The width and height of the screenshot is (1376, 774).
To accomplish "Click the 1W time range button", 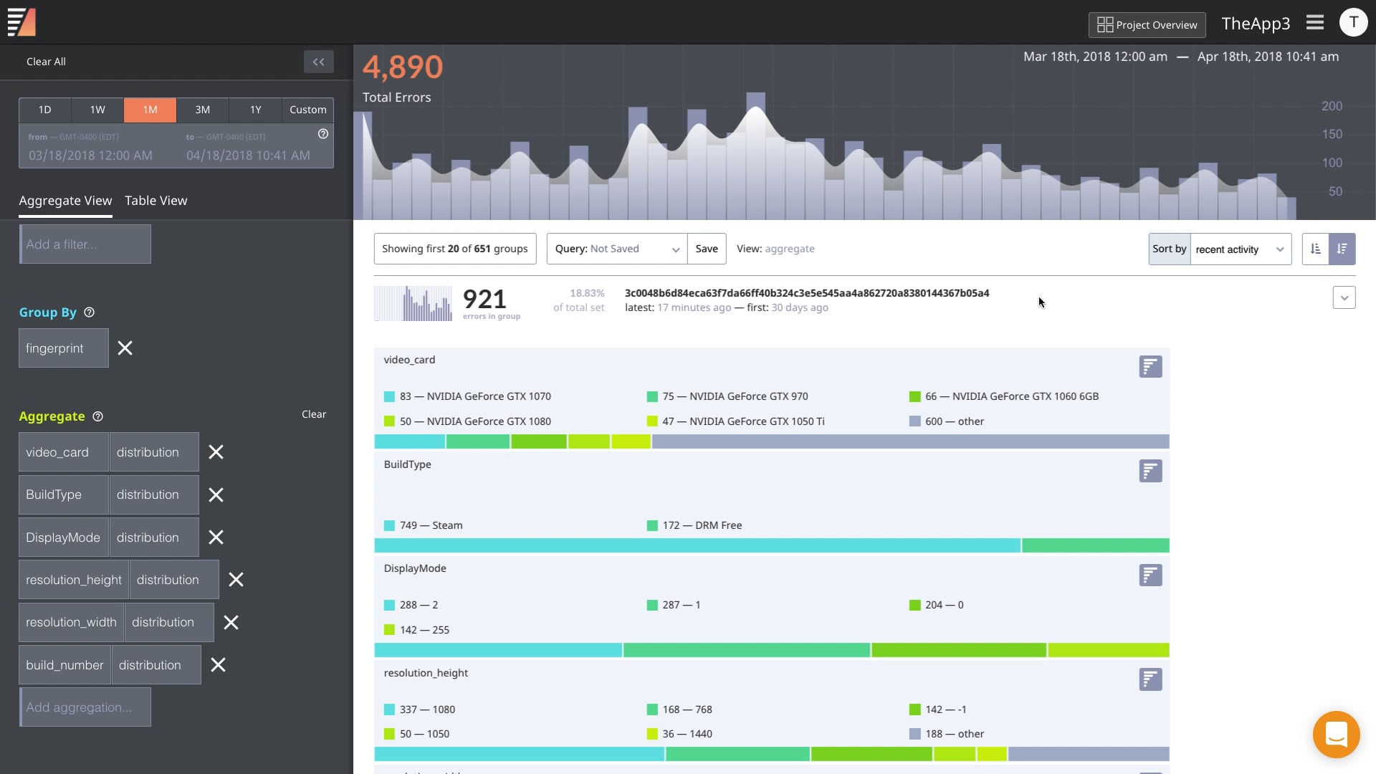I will pos(97,110).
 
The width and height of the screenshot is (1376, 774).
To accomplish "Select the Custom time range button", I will pos(307,110).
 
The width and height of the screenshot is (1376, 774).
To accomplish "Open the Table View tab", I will pos(156,201).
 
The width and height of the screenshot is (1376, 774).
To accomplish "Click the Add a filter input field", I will pos(85,244).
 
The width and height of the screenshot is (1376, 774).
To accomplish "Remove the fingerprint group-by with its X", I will pos(125,348).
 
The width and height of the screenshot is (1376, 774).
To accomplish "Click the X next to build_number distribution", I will pos(219,665).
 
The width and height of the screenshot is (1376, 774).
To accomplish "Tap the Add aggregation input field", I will pos(85,707).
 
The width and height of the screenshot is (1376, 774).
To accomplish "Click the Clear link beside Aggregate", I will pos(313,414).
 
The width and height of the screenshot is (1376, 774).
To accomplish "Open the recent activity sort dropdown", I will pos(1240,249).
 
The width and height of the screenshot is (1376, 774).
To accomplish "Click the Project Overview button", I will pos(1147,25).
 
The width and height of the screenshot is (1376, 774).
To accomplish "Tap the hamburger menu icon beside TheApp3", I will pos(1315,23).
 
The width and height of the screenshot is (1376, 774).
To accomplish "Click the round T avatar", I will pos(1353,23).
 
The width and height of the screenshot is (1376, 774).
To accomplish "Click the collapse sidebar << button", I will pos(319,62).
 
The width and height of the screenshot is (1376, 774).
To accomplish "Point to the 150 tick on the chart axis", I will pos(1332,134).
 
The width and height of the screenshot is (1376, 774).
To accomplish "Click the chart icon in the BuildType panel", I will pos(1150,471).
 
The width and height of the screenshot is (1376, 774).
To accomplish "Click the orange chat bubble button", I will pos(1336,735).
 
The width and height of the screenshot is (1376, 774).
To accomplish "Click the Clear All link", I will pos(46,62).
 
